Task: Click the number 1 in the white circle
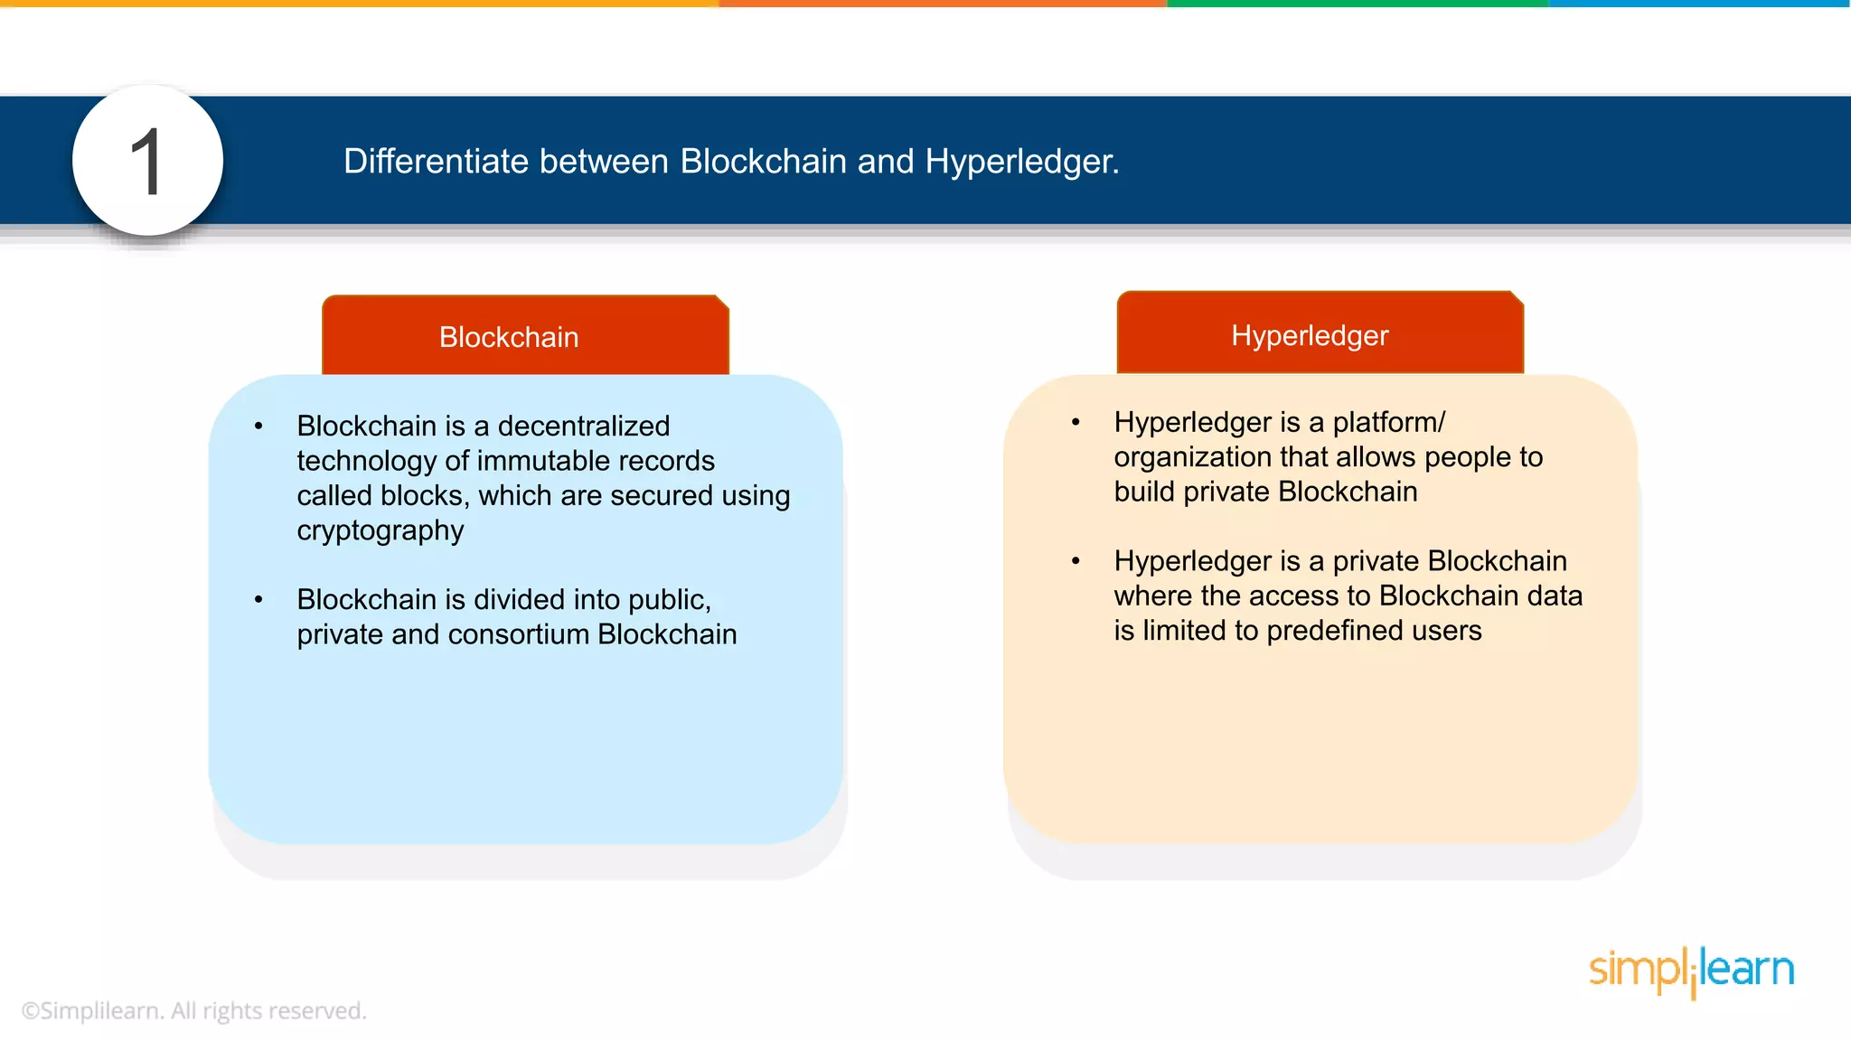coord(146,163)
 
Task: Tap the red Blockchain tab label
coord(509,337)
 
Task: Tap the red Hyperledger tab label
coord(1310,335)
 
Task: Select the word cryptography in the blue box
coord(381,530)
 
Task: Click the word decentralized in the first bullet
coord(584,426)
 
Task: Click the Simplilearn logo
coord(1691,971)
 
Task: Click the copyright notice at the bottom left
coord(194,1010)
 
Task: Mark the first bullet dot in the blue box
coord(258,426)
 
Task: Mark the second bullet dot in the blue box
coord(258,599)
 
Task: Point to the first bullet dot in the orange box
coord(1076,422)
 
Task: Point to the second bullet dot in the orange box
coord(1076,561)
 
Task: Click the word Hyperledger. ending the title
coord(1021,162)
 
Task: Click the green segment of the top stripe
coord(1356,4)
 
